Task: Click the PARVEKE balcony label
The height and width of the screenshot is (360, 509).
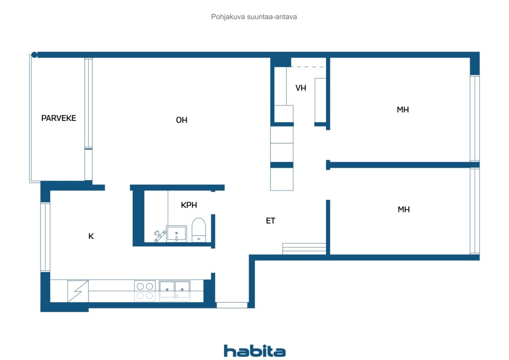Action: pyautogui.click(x=58, y=118)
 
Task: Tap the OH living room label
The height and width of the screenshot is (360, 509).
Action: pyautogui.click(x=182, y=120)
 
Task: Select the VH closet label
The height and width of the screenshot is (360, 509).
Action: pyautogui.click(x=301, y=88)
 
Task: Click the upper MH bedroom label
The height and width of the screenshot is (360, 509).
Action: pyautogui.click(x=403, y=110)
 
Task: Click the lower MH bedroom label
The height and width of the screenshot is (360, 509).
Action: pyautogui.click(x=404, y=210)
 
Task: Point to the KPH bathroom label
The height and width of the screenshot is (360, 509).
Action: pyautogui.click(x=189, y=205)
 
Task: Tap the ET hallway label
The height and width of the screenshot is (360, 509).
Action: pyautogui.click(x=270, y=221)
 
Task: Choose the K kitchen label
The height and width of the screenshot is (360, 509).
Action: pyautogui.click(x=91, y=236)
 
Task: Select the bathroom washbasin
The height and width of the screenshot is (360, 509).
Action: pyautogui.click(x=176, y=233)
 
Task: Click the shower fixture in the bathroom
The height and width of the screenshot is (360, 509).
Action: pyautogui.click(x=160, y=235)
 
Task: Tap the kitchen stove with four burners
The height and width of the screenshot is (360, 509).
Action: pyautogui.click(x=144, y=291)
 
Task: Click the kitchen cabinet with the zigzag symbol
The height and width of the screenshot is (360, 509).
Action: pyautogui.click(x=78, y=291)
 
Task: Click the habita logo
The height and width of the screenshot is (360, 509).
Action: pyautogui.click(x=254, y=351)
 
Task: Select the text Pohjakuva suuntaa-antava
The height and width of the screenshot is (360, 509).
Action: pyautogui.click(x=254, y=17)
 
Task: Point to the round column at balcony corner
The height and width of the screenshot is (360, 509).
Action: pyautogui.click(x=35, y=55)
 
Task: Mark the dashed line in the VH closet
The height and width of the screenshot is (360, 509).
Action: pyautogui.click(x=308, y=67)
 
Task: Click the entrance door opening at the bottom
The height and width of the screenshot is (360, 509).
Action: pyautogui.click(x=232, y=305)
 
